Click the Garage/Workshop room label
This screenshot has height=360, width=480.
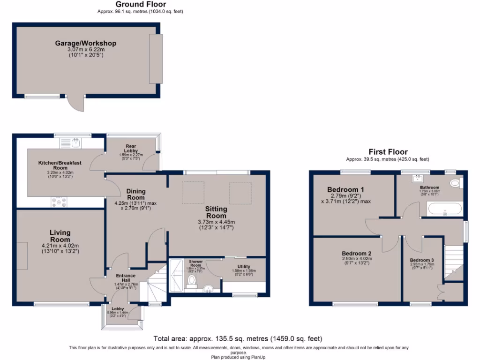pos(85,44)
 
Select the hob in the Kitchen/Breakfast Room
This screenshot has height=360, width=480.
pos(59,202)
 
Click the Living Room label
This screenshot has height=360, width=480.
pos(60,236)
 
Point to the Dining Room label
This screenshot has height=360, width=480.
pos(136,195)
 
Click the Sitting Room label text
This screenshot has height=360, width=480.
pos(216,212)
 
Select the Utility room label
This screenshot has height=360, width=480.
pos(244,267)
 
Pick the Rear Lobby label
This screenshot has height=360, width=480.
pos(130,148)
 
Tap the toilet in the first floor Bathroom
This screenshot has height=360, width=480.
pos(455,183)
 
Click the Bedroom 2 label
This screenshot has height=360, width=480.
pos(357,253)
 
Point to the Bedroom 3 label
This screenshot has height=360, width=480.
pos(422,260)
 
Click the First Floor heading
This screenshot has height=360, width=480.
pos(388,152)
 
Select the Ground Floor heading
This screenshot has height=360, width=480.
pos(141,4)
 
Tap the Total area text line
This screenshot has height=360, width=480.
pos(238,338)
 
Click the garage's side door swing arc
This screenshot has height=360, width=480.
pos(75,104)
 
